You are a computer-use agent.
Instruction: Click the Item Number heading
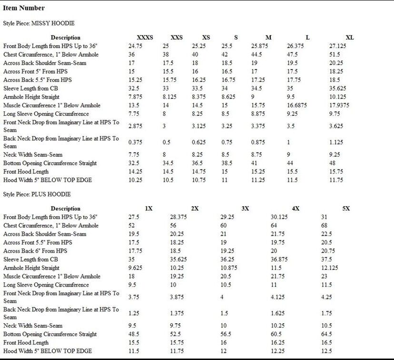point(24,8)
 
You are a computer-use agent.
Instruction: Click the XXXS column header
point(145,37)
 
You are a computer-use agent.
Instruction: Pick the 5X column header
point(346,208)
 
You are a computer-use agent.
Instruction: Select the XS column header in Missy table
point(206,37)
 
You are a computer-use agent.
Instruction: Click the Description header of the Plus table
point(66,208)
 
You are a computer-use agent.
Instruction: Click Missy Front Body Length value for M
point(261,46)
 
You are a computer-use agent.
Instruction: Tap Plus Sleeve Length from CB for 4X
point(280,260)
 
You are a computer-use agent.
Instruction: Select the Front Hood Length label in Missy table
point(26,171)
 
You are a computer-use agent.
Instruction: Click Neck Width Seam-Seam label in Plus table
point(33,325)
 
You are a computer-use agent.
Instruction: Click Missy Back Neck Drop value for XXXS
point(135,142)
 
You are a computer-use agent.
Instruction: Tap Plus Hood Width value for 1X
point(135,351)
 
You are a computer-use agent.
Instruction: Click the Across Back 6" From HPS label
point(35,251)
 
